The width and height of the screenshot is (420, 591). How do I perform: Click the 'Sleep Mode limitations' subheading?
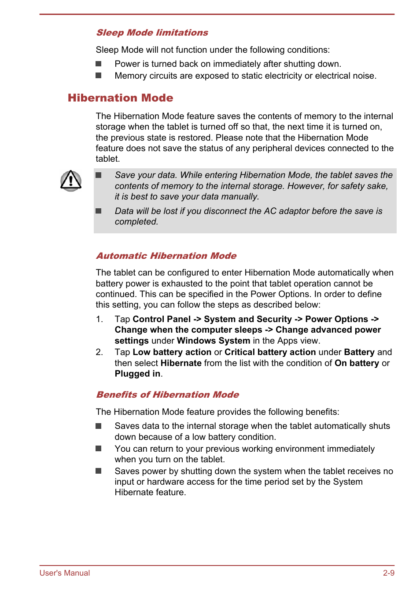pos(152,33)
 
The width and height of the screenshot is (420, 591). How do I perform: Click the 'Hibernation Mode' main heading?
pos(120,98)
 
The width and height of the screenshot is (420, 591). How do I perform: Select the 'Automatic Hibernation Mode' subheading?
pos(166,256)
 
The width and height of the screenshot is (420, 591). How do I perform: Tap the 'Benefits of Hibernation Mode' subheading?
pos(167,395)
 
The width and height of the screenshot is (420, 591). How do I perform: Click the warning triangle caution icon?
pos(71,181)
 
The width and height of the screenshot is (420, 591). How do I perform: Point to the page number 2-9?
pos(388,573)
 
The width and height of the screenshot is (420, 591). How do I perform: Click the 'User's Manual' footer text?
pos(65,573)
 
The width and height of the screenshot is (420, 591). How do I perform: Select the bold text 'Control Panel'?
pos(162,319)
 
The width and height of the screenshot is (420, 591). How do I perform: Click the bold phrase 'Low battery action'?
pos(172,352)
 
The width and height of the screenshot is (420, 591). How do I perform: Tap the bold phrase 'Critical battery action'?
pos(270,352)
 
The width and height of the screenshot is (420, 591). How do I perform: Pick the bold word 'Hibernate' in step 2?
pos(181,363)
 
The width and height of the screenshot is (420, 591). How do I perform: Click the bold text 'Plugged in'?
pos(137,373)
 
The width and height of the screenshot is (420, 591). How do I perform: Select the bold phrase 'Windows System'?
pos(213,341)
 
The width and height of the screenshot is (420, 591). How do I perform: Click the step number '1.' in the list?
pos(99,319)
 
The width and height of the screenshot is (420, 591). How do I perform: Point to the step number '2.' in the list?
pos(99,352)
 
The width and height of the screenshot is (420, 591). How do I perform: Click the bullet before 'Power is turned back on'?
pos(99,64)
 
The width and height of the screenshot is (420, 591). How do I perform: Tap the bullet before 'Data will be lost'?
pos(99,211)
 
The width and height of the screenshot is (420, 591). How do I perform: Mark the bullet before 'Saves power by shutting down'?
pos(99,471)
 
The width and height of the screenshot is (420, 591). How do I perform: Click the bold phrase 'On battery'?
pos(357,363)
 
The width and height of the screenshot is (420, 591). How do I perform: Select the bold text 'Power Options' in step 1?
pos(336,319)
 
